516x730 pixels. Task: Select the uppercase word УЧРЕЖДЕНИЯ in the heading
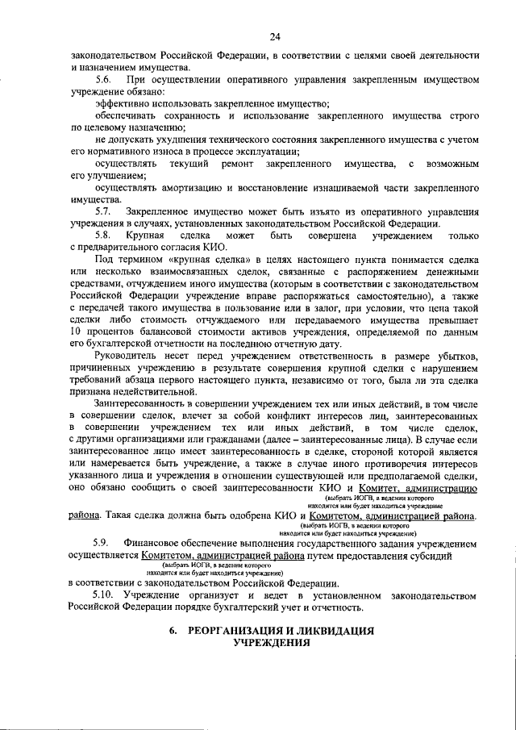[x=273, y=643]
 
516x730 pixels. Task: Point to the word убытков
[x=456, y=357]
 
